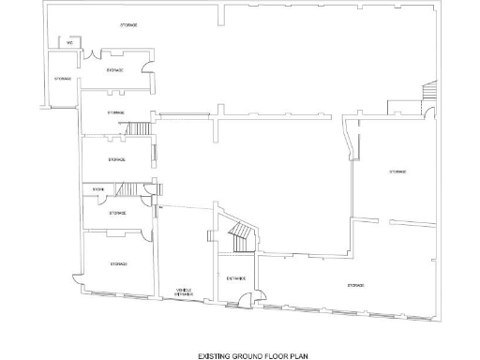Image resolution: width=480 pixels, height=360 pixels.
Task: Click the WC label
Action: (x=69, y=43)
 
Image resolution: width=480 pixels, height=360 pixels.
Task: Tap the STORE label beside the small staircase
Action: (x=97, y=189)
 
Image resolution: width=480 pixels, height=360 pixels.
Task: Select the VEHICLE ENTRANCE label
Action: (x=185, y=292)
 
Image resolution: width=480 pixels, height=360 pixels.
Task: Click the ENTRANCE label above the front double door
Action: (x=235, y=277)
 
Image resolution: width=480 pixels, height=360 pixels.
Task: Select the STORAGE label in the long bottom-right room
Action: (x=355, y=284)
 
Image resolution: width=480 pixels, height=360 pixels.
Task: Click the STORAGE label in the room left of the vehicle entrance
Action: (x=117, y=264)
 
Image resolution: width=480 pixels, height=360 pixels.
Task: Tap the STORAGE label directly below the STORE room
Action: (x=117, y=213)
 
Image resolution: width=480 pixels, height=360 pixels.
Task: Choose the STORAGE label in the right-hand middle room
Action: (x=397, y=172)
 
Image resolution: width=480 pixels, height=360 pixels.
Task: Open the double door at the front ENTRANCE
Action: (x=245, y=300)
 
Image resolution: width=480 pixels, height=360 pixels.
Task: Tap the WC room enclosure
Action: (x=69, y=45)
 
